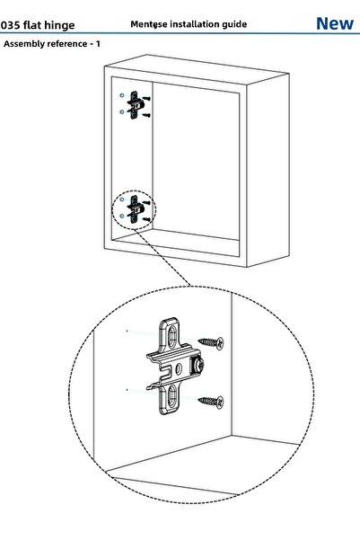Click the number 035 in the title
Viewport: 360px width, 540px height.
(13, 25)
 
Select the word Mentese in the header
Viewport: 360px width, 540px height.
(146, 23)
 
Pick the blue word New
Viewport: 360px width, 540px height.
(334, 23)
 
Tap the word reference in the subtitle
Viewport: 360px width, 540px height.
(71, 43)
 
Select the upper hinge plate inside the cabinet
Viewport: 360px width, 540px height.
(135, 104)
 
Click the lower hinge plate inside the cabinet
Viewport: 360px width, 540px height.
(135, 210)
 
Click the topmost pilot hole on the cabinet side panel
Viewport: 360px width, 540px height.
(122, 95)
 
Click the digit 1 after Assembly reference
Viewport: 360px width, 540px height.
(98, 43)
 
